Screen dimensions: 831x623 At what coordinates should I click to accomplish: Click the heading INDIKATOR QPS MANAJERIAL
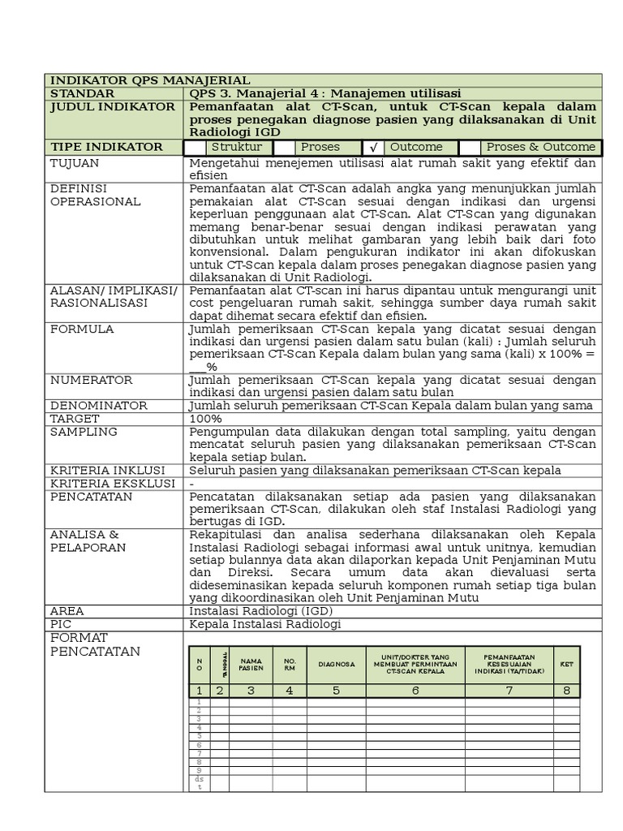pos(150,80)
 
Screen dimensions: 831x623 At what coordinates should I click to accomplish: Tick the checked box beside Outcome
pos(373,148)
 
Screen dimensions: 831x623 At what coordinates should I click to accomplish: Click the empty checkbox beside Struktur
pos(195,148)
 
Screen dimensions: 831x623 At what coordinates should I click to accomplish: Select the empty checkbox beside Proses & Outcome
pos(470,148)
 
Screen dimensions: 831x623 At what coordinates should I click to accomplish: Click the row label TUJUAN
pos(75,163)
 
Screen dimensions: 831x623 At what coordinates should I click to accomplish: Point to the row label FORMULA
pos(82,329)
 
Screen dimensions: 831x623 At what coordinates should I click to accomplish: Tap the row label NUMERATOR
pos(91,380)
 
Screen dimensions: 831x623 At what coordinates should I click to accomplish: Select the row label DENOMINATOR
pos(99,406)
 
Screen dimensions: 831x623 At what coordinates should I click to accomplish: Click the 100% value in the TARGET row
pos(205,419)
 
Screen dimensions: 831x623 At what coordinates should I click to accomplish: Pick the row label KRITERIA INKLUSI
pos(107,471)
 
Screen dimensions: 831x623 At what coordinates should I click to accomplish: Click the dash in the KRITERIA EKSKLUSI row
pos(191,484)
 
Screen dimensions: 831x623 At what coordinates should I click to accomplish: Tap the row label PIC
pos(62,624)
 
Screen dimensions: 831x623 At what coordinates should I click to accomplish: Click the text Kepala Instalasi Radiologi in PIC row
pos(265,624)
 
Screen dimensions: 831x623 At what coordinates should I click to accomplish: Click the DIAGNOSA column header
pos(336,664)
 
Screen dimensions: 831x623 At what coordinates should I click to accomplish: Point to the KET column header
pos(566,664)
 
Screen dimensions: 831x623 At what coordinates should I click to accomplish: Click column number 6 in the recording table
pos(415,691)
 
